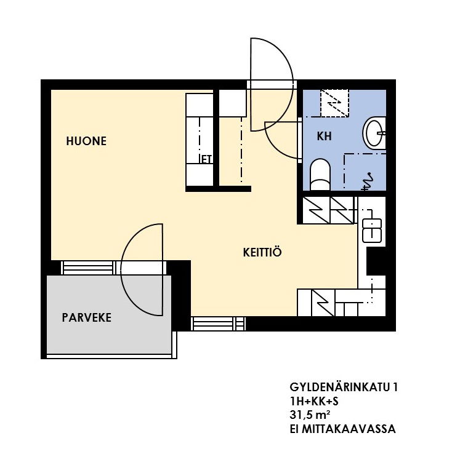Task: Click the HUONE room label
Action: (x=86, y=141)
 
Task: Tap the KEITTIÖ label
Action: (x=262, y=252)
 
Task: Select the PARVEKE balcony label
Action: (x=87, y=317)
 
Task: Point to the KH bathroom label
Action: (x=325, y=137)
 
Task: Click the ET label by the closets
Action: (x=206, y=159)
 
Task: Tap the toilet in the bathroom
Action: (x=320, y=174)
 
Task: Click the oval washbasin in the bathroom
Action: (x=374, y=132)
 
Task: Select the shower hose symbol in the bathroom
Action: (x=367, y=181)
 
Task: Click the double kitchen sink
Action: (x=372, y=231)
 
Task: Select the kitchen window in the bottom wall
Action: (x=218, y=324)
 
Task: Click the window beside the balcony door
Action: (x=87, y=268)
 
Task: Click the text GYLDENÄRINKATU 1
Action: (x=344, y=388)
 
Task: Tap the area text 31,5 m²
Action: (x=310, y=415)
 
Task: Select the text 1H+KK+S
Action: (x=314, y=401)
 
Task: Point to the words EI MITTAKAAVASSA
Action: (x=342, y=429)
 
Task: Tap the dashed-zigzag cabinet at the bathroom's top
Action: (x=334, y=103)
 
